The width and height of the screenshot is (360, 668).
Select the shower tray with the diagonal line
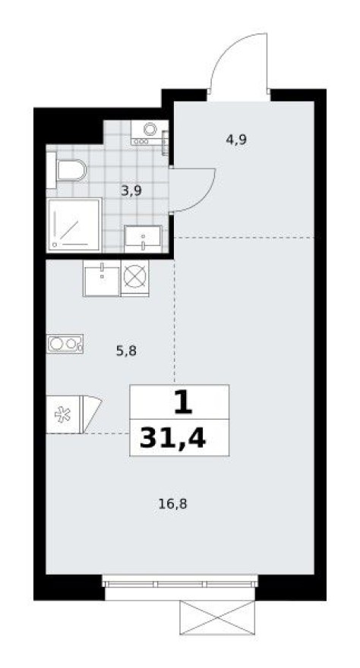pos(74,224)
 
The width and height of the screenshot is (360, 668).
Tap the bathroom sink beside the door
pos(143,238)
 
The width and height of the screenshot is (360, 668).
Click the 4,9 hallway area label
pos(235,139)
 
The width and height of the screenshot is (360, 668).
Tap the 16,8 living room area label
pos(173,503)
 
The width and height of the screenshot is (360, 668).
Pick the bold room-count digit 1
pos(180,402)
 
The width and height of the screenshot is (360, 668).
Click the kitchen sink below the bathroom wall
pos(102,278)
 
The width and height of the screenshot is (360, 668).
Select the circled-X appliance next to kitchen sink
pos(135,277)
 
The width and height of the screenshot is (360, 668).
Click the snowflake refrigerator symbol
pos(62,414)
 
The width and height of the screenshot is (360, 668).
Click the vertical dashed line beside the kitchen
pos(175,319)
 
